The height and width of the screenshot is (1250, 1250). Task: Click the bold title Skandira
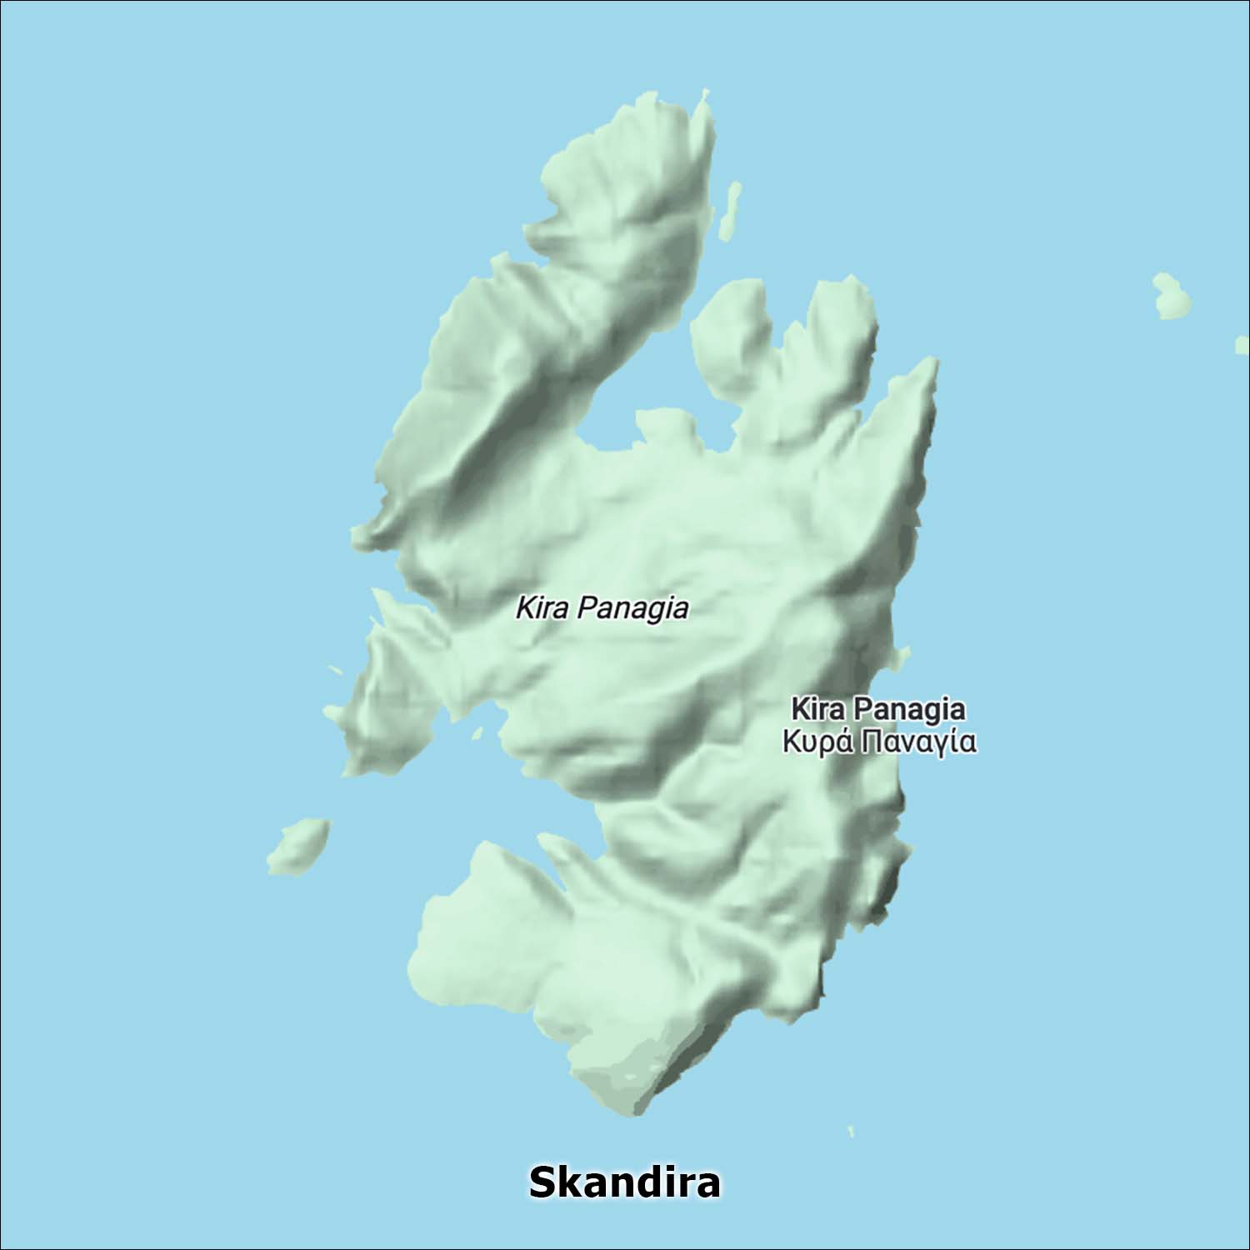pos(624,1182)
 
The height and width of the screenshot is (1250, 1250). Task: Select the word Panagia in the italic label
pos(633,608)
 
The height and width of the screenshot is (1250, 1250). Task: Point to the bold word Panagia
pos(910,709)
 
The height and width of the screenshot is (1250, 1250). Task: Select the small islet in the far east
pos(1171,296)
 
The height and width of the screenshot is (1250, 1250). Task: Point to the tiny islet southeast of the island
pos(851,1131)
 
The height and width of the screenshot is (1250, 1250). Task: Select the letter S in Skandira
pos(542,1182)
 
